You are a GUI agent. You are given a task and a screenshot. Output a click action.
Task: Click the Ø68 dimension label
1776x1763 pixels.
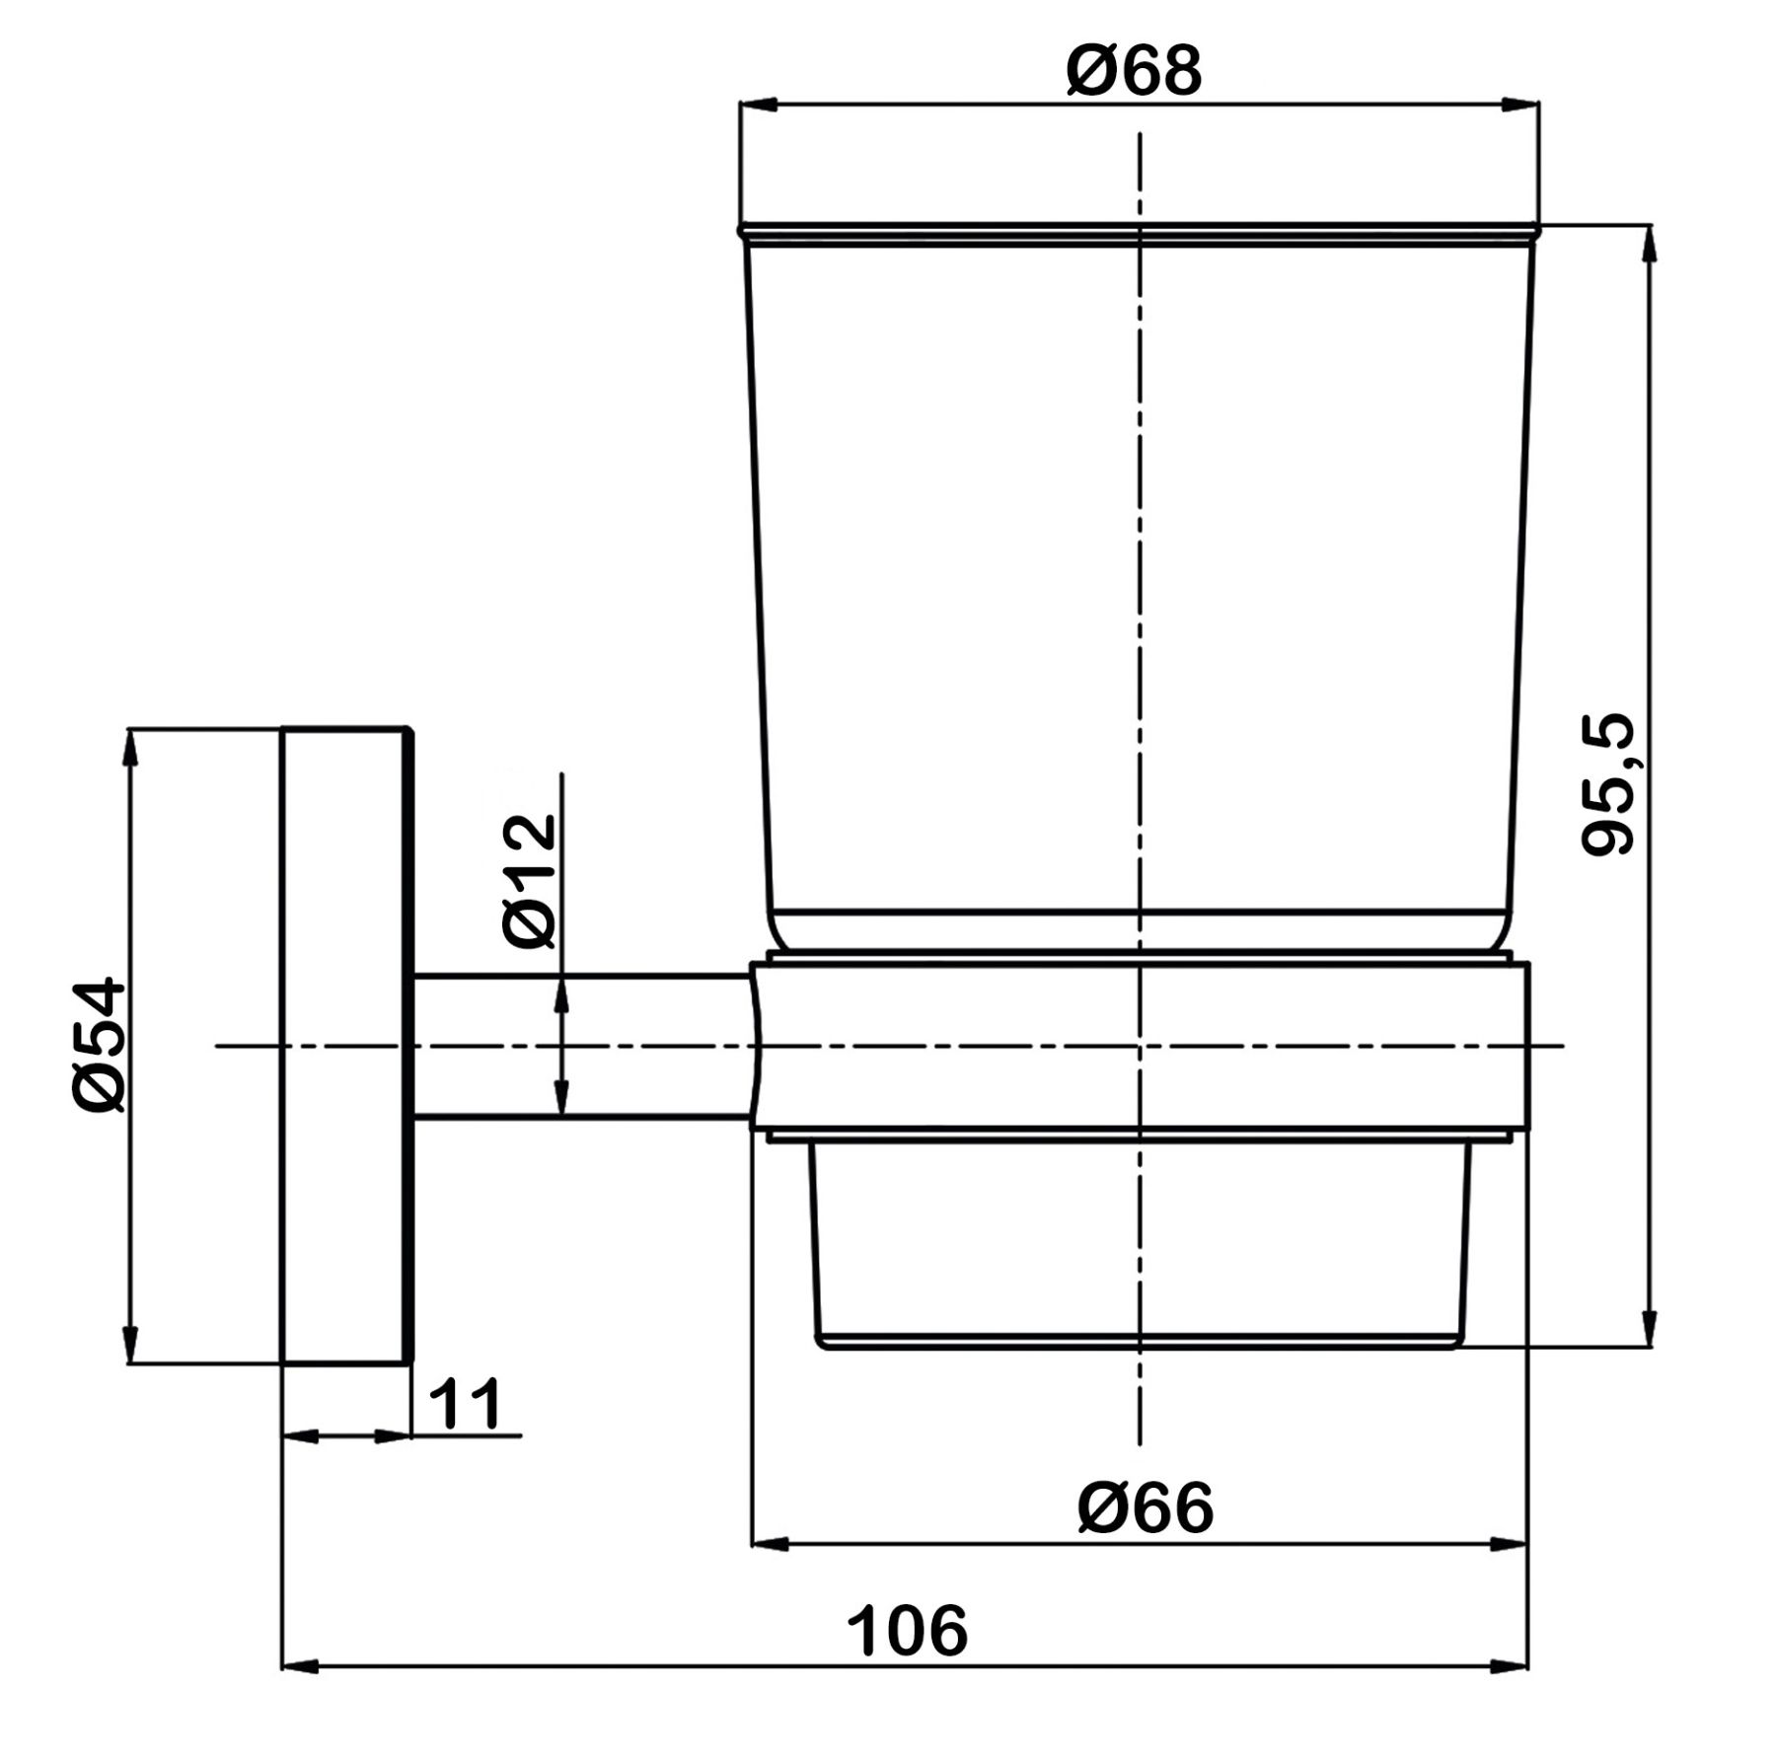click(1135, 71)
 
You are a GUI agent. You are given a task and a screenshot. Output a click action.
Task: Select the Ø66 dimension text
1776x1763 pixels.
click(1146, 1508)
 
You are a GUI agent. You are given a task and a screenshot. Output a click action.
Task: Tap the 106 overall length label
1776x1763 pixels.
click(907, 1631)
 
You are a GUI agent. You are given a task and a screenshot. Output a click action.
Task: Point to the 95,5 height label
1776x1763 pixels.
click(1607, 784)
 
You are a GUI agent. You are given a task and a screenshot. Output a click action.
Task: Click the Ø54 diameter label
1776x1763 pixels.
click(100, 1045)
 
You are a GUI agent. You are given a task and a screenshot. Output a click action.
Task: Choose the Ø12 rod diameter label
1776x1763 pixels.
click(530, 881)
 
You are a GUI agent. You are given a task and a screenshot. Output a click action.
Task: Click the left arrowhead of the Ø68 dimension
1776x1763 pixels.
click(760, 106)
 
